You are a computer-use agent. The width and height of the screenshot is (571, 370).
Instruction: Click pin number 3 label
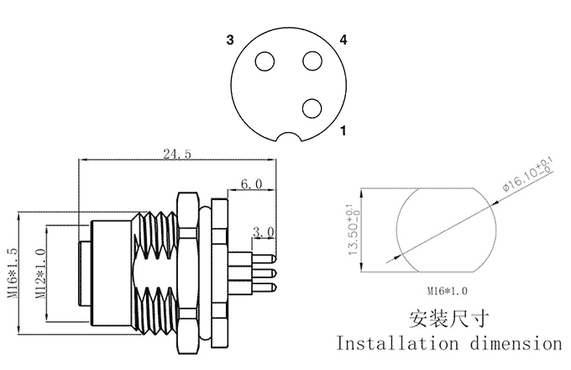point(229,40)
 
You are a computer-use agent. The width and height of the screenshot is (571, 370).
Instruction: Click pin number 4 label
point(343,40)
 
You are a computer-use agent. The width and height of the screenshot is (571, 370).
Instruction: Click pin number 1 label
point(343,130)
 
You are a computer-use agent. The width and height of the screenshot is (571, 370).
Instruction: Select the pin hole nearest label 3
point(265,61)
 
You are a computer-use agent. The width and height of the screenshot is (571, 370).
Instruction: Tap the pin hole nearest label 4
point(312,61)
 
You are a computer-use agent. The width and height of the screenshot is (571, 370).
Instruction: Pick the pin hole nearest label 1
point(312,107)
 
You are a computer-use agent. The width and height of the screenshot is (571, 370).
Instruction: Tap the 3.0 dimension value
point(264,230)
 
